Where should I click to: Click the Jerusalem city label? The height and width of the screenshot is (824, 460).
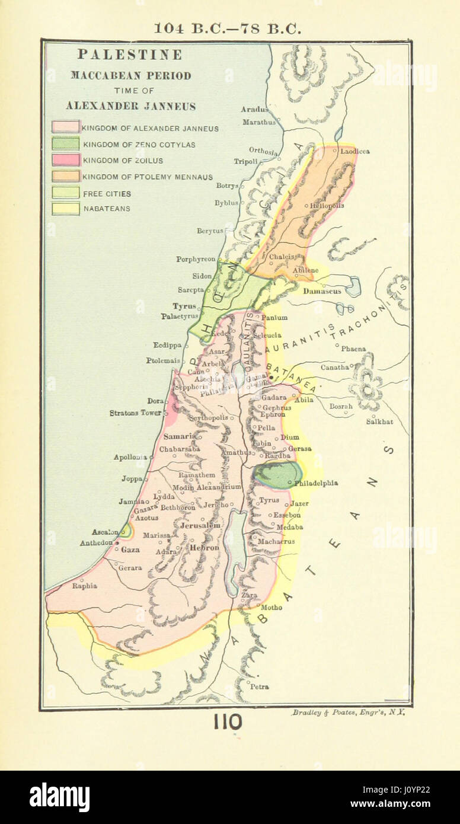tap(200, 525)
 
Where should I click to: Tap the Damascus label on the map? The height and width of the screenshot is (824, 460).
tap(322, 292)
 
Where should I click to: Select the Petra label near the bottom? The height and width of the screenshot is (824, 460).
tap(259, 686)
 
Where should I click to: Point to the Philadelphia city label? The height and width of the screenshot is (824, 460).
tap(316, 483)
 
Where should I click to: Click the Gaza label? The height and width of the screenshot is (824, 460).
tap(130, 550)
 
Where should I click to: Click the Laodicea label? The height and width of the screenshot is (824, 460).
tap(354, 151)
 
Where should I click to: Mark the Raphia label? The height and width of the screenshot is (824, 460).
tap(84, 586)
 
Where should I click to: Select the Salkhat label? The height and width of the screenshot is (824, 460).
tap(379, 421)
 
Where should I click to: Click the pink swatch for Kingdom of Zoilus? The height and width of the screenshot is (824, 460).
tap(65, 160)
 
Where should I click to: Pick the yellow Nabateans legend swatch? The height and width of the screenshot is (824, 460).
tap(65, 209)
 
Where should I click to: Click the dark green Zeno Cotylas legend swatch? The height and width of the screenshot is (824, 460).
tap(65, 143)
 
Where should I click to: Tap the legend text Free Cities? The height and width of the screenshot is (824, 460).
tap(107, 193)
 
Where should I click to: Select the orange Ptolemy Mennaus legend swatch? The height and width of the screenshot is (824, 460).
tap(65, 176)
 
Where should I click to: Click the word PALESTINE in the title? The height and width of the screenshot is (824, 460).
tap(129, 55)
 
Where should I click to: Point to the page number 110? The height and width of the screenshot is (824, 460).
tap(228, 722)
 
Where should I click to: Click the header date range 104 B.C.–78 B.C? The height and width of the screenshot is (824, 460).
tap(228, 28)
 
